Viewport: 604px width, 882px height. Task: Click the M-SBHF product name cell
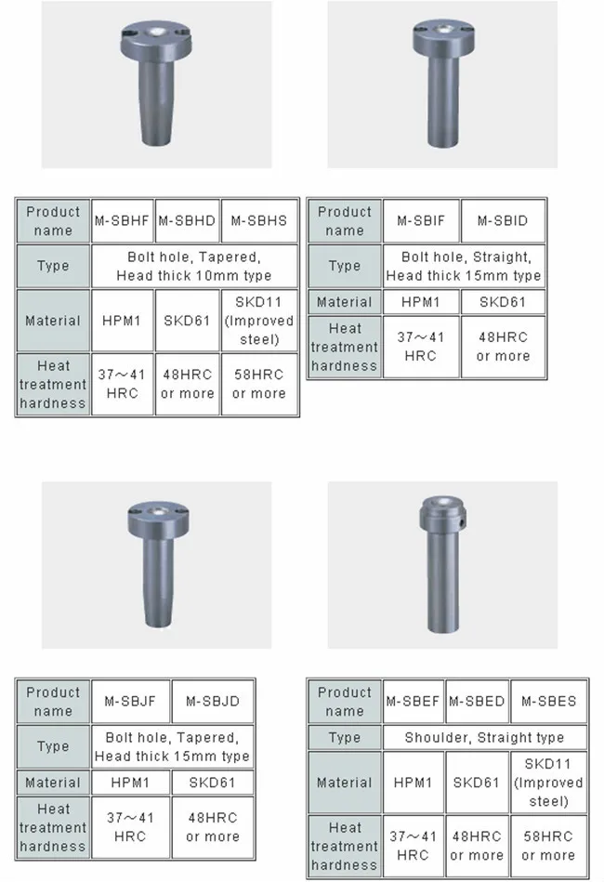click(x=123, y=220)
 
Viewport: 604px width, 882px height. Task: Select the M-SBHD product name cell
click(x=187, y=220)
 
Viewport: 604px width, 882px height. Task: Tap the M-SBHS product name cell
click(x=259, y=220)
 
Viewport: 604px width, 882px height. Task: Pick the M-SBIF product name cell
click(x=421, y=220)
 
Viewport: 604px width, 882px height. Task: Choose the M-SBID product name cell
click(x=502, y=220)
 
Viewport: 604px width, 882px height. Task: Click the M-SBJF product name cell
click(x=130, y=701)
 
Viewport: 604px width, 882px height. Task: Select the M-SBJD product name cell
click(x=213, y=701)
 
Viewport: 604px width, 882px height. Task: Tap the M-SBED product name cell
click(x=477, y=701)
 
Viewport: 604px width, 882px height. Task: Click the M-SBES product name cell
click(x=548, y=701)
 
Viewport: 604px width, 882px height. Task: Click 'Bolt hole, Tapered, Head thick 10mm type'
click(x=194, y=266)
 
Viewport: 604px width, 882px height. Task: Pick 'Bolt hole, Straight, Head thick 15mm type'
click(x=464, y=266)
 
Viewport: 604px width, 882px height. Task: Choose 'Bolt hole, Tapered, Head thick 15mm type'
click(x=172, y=747)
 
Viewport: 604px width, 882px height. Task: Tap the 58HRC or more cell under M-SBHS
click(x=259, y=384)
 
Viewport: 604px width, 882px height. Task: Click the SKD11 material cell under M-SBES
click(x=548, y=782)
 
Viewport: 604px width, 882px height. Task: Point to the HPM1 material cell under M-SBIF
click(x=421, y=302)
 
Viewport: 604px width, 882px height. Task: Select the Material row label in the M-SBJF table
click(x=53, y=783)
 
